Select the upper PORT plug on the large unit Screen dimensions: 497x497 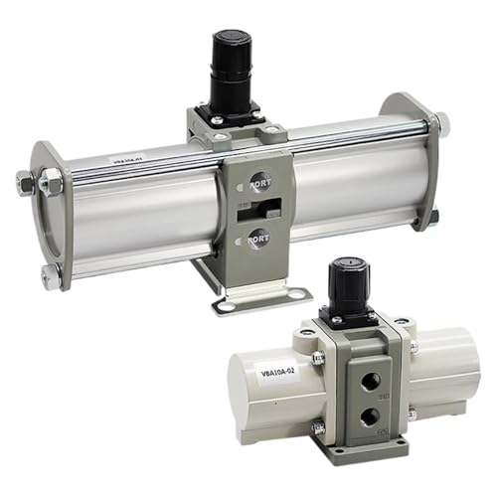pos(257,183)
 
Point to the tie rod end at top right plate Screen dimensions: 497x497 pos(440,123)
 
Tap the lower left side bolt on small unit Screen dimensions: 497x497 pos(318,428)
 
